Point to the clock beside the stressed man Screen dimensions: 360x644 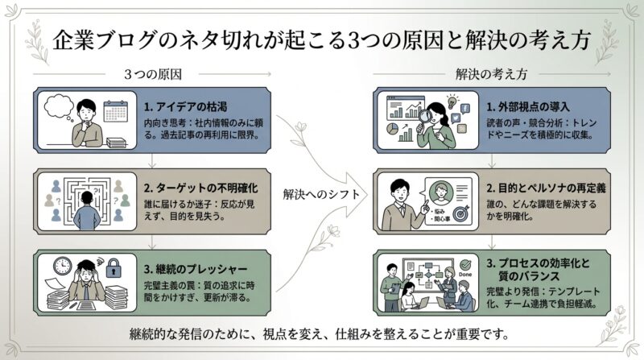pos(64,266)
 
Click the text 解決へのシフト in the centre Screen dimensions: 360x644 pos(316,194)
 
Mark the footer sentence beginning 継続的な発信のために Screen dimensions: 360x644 pos(322,333)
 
